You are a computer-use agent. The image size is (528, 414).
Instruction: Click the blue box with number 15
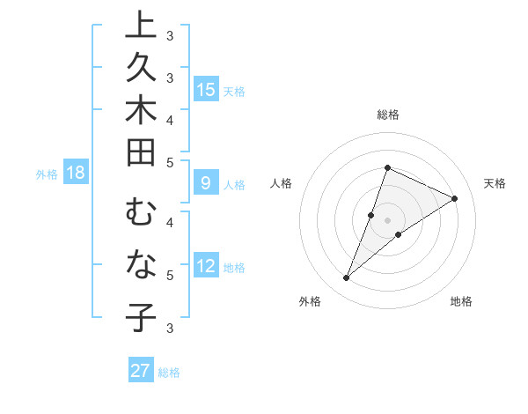[x=206, y=89]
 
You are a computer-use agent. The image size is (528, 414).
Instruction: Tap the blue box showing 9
[x=206, y=183]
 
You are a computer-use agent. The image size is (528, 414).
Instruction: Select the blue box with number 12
[x=206, y=266]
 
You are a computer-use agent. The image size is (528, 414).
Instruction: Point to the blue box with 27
[x=141, y=371]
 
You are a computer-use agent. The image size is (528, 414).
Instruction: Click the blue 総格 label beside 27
[x=169, y=373]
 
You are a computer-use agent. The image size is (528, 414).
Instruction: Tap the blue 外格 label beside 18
[x=47, y=174]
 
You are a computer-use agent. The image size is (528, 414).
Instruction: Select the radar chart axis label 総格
[x=388, y=115]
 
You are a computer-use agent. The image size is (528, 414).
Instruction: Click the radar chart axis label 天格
[x=495, y=183]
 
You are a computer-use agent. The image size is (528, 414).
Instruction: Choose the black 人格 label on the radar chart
[x=282, y=183]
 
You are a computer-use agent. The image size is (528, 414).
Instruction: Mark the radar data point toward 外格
[x=347, y=278]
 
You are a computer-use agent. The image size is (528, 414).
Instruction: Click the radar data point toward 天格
[x=455, y=198]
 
